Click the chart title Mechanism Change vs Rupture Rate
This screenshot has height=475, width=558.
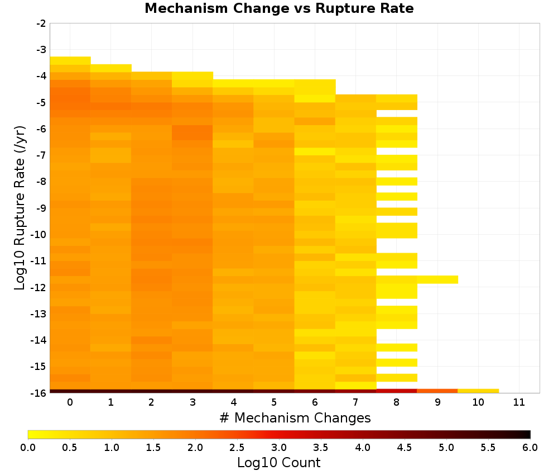(x=279, y=8)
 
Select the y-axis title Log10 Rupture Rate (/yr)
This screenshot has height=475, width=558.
(x=20, y=208)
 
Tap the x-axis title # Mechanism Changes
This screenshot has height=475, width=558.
(x=295, y=417)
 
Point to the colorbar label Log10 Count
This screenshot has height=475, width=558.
(x=278, y=463)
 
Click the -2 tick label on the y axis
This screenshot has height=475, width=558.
(x=41, y=23)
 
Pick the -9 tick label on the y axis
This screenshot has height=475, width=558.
(x=41, y=208)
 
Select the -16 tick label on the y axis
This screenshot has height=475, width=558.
(x=39, y=393)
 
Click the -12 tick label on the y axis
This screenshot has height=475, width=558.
(x=39, y=287)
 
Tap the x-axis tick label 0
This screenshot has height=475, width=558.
(x=70, y=402)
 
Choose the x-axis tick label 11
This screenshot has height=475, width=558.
(x=519, y=402)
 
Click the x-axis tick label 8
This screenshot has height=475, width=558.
(x=396, y=402)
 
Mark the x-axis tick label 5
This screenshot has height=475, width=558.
(x=274, y=402)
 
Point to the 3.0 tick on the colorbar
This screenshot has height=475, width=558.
(x=279, y=448)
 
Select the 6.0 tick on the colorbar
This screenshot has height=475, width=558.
(x=530, y=448)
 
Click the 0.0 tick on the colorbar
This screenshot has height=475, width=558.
(x=28, y=448)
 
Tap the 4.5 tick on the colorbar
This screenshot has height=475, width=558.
(x=405, y=448)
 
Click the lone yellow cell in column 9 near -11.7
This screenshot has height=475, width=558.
(x=437, y=280)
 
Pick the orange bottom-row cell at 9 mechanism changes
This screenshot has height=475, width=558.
(x=437, y=391)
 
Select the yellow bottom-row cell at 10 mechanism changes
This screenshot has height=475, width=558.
(x=478, y=391)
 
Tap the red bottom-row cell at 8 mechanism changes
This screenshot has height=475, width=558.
(x=397, y=391)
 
